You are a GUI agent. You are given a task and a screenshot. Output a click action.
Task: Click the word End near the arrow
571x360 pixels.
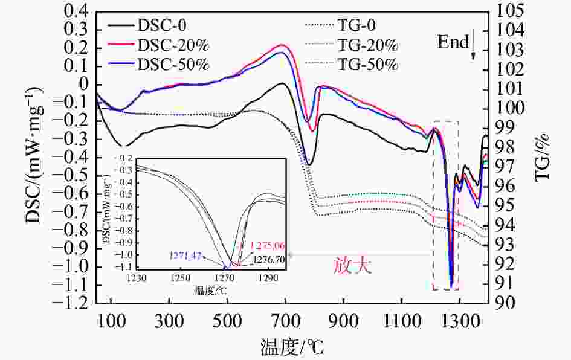point(454,42)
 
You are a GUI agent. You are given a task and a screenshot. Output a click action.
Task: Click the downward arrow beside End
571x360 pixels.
point(473,47)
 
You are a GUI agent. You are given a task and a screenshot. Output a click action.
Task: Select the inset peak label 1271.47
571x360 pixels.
point(186,257)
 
